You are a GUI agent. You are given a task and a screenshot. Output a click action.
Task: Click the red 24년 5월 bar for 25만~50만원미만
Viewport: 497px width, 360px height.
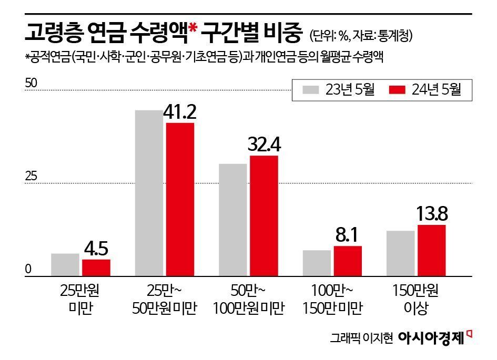click(x=180, y=199)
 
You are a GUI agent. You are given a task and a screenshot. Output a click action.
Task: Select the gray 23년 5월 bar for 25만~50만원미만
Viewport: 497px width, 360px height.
click(x=149, y=193)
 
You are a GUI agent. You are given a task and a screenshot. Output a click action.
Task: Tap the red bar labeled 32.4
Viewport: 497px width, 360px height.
click(x=263, y=215)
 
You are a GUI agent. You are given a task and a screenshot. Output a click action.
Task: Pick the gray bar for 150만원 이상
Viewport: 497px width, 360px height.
click(x=400, y=253)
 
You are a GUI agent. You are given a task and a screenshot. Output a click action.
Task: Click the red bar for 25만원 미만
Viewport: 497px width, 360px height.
click(x=96, y=268)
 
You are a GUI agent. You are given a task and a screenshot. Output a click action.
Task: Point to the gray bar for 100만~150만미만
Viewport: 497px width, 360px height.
click(x=317, y=263)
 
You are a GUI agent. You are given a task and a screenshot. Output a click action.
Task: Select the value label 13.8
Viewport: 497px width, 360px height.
click(x=432, y=214)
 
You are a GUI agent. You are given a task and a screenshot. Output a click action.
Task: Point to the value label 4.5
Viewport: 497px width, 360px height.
click(x=96, y=248)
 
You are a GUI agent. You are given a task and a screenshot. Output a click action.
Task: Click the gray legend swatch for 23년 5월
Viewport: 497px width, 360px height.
click(x=310, y=90)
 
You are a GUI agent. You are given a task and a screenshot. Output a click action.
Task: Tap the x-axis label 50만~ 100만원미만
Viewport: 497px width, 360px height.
click(x=249, y=299)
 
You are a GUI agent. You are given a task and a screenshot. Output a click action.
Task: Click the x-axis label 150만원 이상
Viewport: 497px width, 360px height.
click(x=416, y=299)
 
